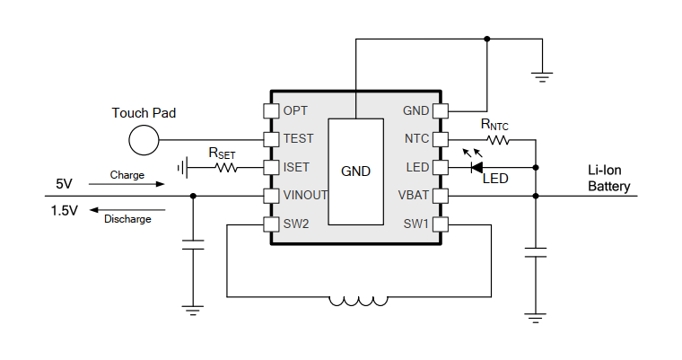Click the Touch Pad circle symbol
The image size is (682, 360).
[143, 139]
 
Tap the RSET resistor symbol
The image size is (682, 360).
[223, 167]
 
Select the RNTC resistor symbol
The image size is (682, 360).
[497, 139]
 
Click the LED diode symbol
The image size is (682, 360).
[477, 167]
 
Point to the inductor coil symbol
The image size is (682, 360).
[359, 301]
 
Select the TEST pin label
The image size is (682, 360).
[298, 139]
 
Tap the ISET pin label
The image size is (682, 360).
[297, 167]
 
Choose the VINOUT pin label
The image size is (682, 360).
[306, 195]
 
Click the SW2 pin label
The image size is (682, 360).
[296, 223]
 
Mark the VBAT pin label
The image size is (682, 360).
[415, 195]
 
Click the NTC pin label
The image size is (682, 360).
[417, 139]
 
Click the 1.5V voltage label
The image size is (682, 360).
[64, 210]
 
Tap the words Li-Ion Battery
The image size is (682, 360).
[609, 180]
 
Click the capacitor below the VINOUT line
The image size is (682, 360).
[192, 244]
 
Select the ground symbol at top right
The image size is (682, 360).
[540, 76]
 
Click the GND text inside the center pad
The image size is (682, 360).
[356, 171]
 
